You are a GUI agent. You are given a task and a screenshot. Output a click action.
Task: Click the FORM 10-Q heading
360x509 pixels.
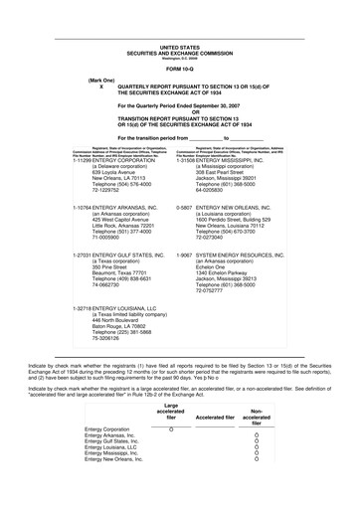[x=180, y=68]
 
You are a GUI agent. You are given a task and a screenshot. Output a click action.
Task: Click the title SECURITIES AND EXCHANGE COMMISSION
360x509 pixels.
[x=180, y=51]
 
